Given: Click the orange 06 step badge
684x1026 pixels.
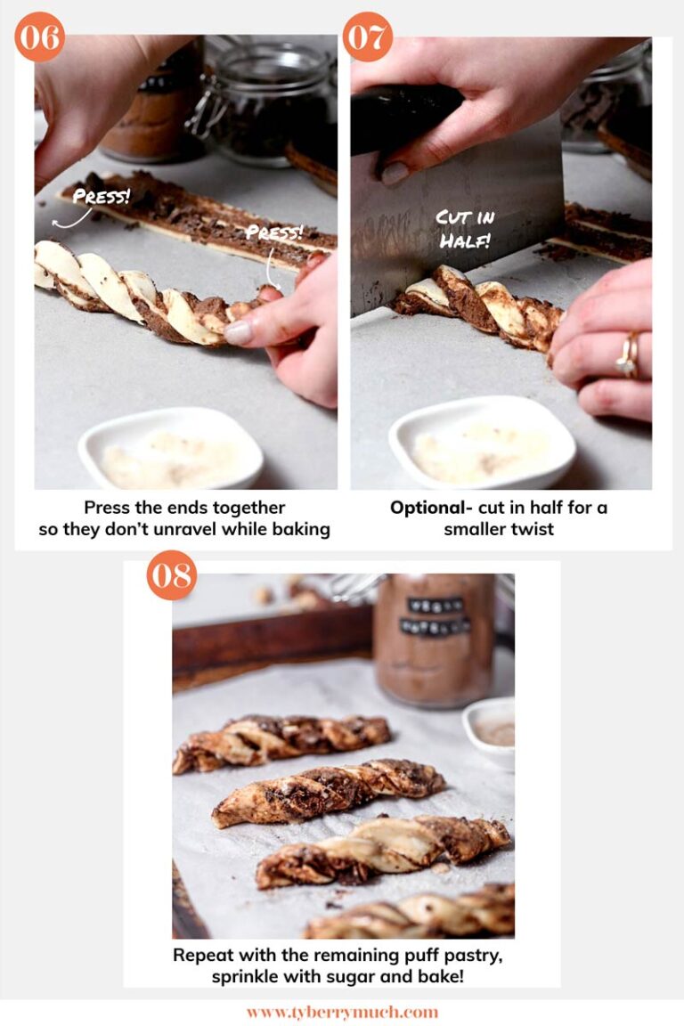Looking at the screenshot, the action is pyautogui.click(x=40, y=37).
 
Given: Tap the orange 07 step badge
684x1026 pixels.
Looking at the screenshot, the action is pyautogui.click(x=367, y=37).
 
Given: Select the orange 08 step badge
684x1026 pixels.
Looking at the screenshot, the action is pyautogui.click(x=172, y=575).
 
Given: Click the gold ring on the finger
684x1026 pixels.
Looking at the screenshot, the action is pyautogui.click(x=629, y=354).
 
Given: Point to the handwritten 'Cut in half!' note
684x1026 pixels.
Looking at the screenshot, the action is pyautogui.click(x=466, y=229).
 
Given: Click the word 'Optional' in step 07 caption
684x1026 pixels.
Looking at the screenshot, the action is pyautogui.click(x=427, y=508).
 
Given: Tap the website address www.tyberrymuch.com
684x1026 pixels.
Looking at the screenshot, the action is pyautogui.click(x=342, y=1013).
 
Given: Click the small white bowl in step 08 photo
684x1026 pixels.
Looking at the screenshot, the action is pyautogui.click(x=491, y=731).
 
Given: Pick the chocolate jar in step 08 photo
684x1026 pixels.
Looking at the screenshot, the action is pyautogui.click(x=434, y=640).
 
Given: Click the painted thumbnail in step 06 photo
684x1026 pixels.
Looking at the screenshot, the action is pyautogui.click(x=239, y=332).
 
